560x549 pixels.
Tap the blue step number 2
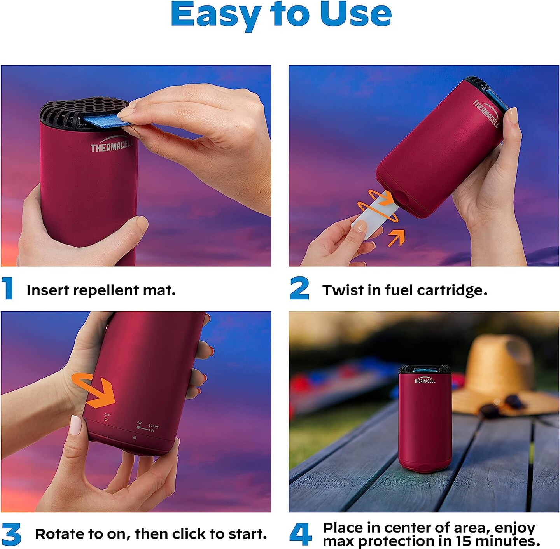(x=299, y=288)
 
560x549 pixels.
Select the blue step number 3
(x=11, y=534)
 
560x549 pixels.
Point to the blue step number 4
(x=300, y=534)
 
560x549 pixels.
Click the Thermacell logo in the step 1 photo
(x=111, y=145)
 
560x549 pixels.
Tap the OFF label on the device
(x=107, y=415)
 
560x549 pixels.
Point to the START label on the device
(x=154, y=427)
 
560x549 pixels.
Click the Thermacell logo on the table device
(x=425, y=380)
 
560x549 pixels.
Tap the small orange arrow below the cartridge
(x=396, y=238)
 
